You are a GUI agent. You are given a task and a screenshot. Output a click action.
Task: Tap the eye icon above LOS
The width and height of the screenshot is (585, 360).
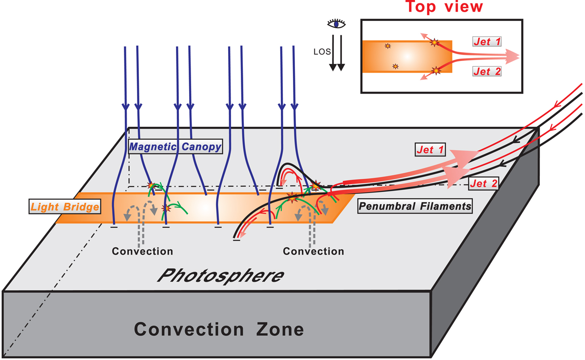pyautogui.click(x=336, y=24)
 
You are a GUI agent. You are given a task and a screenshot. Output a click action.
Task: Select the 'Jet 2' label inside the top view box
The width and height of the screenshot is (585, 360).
pyautogui.click(x=487, y=71)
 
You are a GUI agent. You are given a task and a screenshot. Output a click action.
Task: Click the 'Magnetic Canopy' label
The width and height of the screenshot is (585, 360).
pyautogui.click(x=175, y=146)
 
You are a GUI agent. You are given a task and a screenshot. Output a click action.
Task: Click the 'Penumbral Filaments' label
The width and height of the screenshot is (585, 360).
pyautogui.click(x=415, y=206)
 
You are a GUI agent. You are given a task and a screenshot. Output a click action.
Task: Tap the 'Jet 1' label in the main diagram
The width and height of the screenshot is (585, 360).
pyautogui.click(x=430, y=151)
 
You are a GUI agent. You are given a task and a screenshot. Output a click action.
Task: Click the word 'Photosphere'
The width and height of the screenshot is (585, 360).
pyautogui.click(x=221, y=276)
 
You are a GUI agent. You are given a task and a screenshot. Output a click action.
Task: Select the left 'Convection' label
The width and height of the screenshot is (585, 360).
pyautogui.click(x=142, y=252)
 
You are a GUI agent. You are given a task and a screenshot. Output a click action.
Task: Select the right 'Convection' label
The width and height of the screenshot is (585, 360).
pyautogui.click(x=313, y=252)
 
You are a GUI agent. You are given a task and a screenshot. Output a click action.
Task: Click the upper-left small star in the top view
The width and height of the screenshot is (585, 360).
pyautogui.click(x=388, y=46)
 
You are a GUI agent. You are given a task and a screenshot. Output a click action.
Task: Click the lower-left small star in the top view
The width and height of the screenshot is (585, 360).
pyautogui.click(x=395, y=66)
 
